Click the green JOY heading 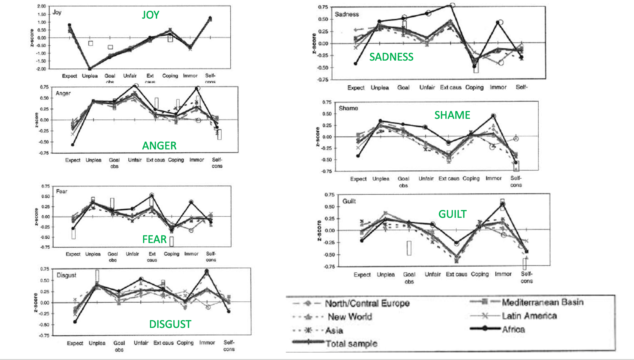pyautogui.click(x=151, y=15)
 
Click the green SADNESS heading pyautogui.click(x=391, y=57)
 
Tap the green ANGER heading pyautogui.click(x=159, y=146)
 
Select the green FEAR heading pyautogui.click(x=154, y=239)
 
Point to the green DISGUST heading pyautogui.click(x=170, y=324)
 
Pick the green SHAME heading pyautogui.click(x=452, y=115)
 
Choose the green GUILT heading pyautogui.click(x=452, y=214)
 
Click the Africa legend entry pyautogui.click(x=513, y=329)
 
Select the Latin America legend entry pyautogui.click(x=529, y=316)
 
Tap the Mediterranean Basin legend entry pyautogui.click(x=542, y=302)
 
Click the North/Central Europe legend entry pyautogui.click(x=367, y=303)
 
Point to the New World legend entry pyautogui.click(x=350, y=317)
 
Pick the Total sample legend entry pyautogui.click(x=351, y=343)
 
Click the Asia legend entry pyautogui.click(x=334, y=331)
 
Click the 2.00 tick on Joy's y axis pyautogui.click(x=42, y=6)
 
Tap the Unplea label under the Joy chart pyautogui.click(x=90, y=76)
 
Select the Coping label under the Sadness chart pyautogui.click(x=474, y=87)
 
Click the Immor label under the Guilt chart pyautogui.click(x=503, y=274)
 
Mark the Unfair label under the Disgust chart pyautogui.click(x=141, y=343)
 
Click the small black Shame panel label pyautogui.click(x=348, y=108)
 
